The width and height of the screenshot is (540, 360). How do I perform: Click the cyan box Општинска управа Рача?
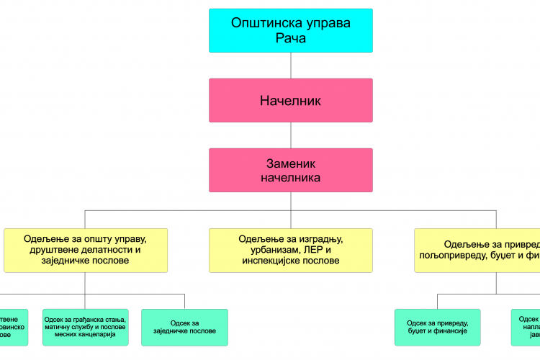(x=291, y=30)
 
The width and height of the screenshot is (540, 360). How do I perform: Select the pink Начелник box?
(x=291, y=101)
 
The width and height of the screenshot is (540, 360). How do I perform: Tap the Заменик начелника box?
(x=291, y=170)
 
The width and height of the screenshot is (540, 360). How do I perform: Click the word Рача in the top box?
(x=291, y=38)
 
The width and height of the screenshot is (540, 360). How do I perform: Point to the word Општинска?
(x=264, y=23)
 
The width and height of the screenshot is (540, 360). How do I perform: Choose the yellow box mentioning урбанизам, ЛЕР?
(x=291, y=250)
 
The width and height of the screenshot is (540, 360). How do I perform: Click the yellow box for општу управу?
(x=86, y=250)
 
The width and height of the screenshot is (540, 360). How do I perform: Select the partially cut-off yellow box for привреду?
(x=478, y=250)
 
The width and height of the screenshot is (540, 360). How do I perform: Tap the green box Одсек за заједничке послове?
(x=184, y=328)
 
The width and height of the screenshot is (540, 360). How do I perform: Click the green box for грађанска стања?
(x=86, y=328)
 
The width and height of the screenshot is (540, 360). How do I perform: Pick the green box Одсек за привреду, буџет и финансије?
(x=437, y=328)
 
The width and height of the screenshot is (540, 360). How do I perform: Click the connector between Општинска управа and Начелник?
(x=291, y=66)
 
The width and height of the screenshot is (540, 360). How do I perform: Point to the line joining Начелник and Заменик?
(x=291, y=135)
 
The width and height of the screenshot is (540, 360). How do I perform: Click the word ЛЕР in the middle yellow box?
(x=314, y=250)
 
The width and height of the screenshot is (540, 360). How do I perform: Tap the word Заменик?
(x=291, y=164)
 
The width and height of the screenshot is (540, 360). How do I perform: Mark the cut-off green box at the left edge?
(x=13, y=328)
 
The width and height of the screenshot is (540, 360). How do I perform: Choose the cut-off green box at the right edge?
(x=527, y=328)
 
